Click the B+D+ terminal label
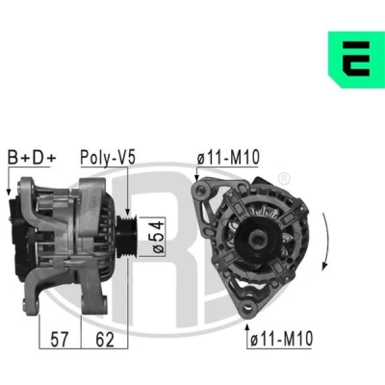(x=32, y=158)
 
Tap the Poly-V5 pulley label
(x=108, y=158)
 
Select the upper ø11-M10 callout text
(x=228, y=158)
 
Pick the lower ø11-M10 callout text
(x=281, y=339)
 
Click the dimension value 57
(x=60, y=340)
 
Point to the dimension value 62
(x=105, y=340)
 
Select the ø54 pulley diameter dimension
(x=159, y=237)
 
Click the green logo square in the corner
(x=356, y=60)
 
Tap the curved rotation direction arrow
(x=327, y=242)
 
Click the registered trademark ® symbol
(x=284, y=179)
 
